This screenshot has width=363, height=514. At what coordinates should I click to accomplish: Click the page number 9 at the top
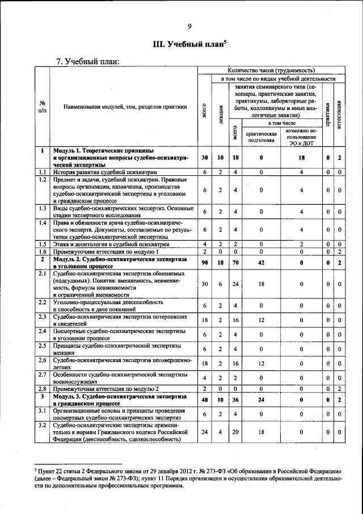click(x=189, y=26)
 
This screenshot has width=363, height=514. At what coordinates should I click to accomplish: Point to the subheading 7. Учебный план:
click(x=86, y=61)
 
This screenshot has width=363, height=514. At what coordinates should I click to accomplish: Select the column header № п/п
click(x=43, y=107)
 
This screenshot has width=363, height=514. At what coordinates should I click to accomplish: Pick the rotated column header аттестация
click(x=339, y=113)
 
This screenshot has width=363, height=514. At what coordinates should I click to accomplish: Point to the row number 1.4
click(x=43, y=222)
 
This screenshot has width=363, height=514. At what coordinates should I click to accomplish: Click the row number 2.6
click(x=43, y=360)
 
